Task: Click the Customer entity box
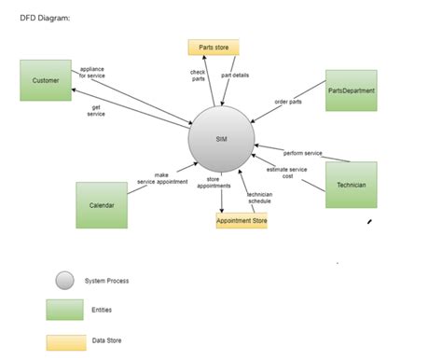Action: [x=45, y=80]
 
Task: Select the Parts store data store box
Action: [x=214, y=48]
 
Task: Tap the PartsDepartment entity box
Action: [x=352, y=90]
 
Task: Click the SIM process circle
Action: [x=221, y=139]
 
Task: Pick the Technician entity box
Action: [x=352, y=185]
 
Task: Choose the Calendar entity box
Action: [x=101, y=205]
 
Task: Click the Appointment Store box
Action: [x=242, y=221]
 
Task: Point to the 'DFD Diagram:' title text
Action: [x=44, y=17]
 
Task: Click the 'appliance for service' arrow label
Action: [x=92, y=72]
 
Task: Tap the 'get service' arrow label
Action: [x=96, y=110]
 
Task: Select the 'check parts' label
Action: [x=198, y=76]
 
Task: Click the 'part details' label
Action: [x=235, y=75]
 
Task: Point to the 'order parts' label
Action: [x=288, y=102]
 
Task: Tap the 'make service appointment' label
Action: [x=162, y=178]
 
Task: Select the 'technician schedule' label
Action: [x=259, y=198]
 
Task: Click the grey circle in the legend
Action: [x=64, y=280]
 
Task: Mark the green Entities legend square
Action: [x=64, y=310]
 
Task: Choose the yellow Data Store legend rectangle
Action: [x=64, y=341]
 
